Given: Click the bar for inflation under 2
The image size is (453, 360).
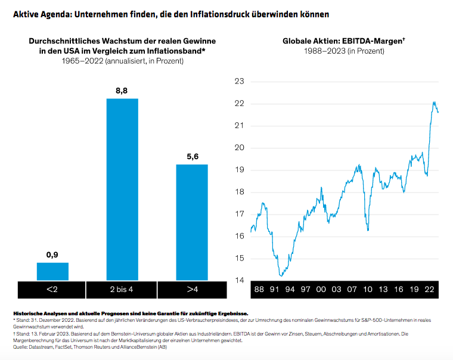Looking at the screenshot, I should [52, 271].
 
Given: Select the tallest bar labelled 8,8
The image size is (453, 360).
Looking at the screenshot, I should [122, 189].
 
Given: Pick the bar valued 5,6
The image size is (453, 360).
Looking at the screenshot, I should [191, 222].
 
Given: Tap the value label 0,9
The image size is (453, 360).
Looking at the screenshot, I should [52, 255].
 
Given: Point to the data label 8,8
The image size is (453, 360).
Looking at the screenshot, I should [122, 91].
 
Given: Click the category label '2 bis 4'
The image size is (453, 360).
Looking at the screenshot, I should [122, 290].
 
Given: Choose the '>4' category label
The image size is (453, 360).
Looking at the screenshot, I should [191, 290].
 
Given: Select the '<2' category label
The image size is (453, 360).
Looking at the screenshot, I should [52, 290].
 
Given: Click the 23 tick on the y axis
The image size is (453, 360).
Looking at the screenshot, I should [240, 81].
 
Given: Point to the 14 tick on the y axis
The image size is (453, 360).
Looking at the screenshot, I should [240, 280].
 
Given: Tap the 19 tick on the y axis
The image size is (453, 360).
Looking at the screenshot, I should [240, 170].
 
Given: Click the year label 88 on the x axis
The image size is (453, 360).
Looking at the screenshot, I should [259, 289].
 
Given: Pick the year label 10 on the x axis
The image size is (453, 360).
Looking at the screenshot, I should [368, 289].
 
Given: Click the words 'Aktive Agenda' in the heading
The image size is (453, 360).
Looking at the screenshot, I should [40, 13].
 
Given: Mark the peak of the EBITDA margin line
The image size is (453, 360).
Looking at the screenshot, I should [434, 102].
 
